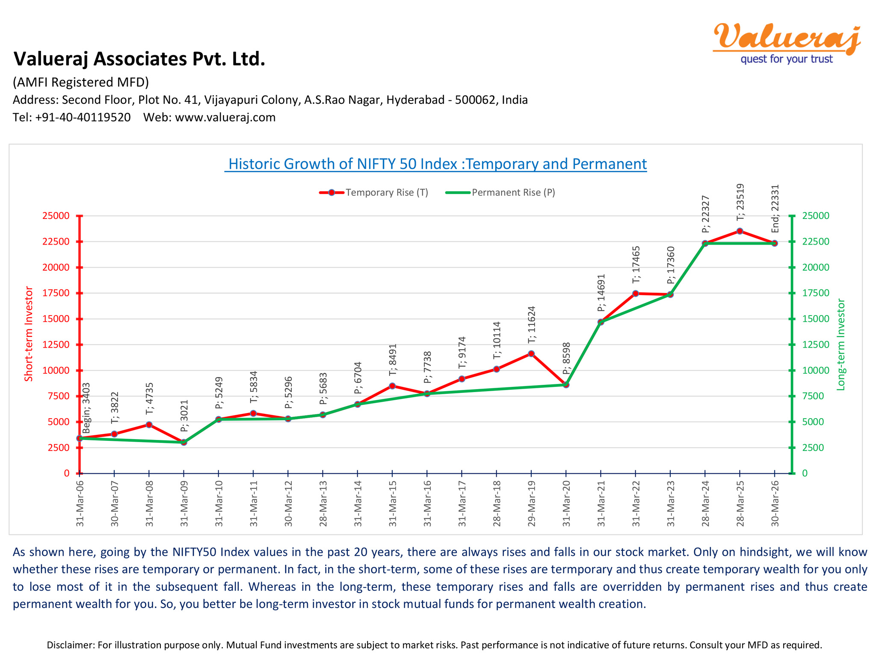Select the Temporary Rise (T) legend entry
pyautogui.click(x=374, y=192)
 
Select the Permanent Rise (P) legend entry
pyautogui.click(x=501, y=192)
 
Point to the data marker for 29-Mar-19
pyautogui.click(x=531, y=354)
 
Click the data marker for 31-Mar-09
pyautogui.click(x=184, y=442)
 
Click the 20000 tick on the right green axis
pyautogui.click(x=815, y=267)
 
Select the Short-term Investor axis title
pyautogui.click(x=29, y=334)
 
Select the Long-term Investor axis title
pyautogui.click(x=841, y=345)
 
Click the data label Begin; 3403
pyautogui.click(x=86, y=408)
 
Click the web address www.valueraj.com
pyautogui.click(x=225, y=117)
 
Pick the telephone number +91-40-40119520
pyautogui.click(x=83, y=117)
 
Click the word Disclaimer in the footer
pyautogui.click(x=70, y=645)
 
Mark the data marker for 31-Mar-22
pyautogui.click(x=636, y=293)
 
